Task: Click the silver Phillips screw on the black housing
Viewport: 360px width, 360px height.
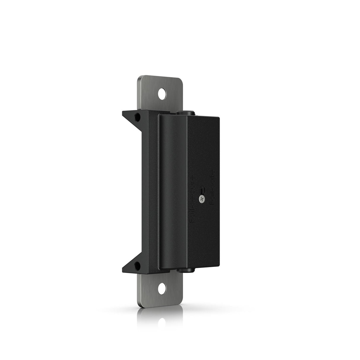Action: (x=202, y=199)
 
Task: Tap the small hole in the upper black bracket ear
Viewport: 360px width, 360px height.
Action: (x=137, y=117)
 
